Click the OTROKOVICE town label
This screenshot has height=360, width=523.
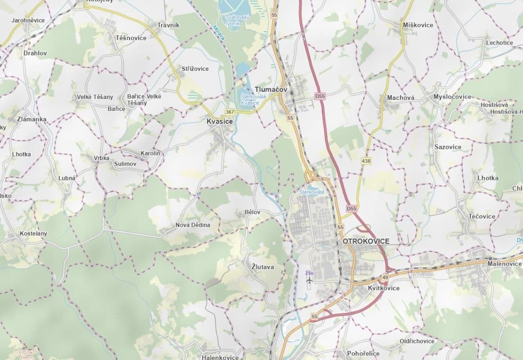366,241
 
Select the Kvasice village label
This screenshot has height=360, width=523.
220,121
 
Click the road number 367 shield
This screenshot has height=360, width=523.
230,112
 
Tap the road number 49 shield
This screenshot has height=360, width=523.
385,277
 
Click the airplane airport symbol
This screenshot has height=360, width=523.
309,281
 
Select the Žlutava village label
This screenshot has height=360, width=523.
262,267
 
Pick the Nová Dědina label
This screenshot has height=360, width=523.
193,225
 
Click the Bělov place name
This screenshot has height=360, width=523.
252,211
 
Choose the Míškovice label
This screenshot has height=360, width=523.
418,25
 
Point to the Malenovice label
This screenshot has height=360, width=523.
504,263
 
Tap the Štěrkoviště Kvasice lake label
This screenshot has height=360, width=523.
249,100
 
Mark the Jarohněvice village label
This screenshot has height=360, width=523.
28,21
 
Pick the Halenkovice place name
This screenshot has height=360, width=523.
220,357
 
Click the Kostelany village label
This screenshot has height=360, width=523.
33,234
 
